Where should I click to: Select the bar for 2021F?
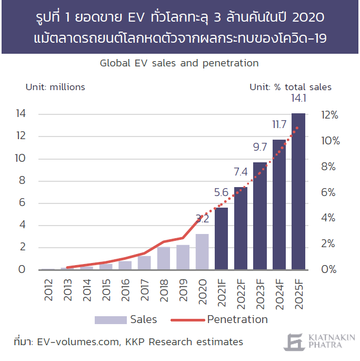(x=221, y=238)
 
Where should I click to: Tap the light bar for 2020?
(x=202, y=251)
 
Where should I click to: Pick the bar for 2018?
(x=164, y=258)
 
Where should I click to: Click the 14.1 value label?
(x=298, y=99)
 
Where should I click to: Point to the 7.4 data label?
(x=241, y=171)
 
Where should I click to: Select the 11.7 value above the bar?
(x=279, y=124)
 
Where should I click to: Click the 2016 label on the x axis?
(x=125, y=288)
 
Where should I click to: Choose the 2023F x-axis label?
(x=260, y=291)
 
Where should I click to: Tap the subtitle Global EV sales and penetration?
(x=179, y=63)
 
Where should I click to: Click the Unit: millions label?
(x=55, y=87)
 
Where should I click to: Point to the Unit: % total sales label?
(x=291, y=87)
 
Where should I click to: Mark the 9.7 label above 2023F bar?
(x=259, y=147)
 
